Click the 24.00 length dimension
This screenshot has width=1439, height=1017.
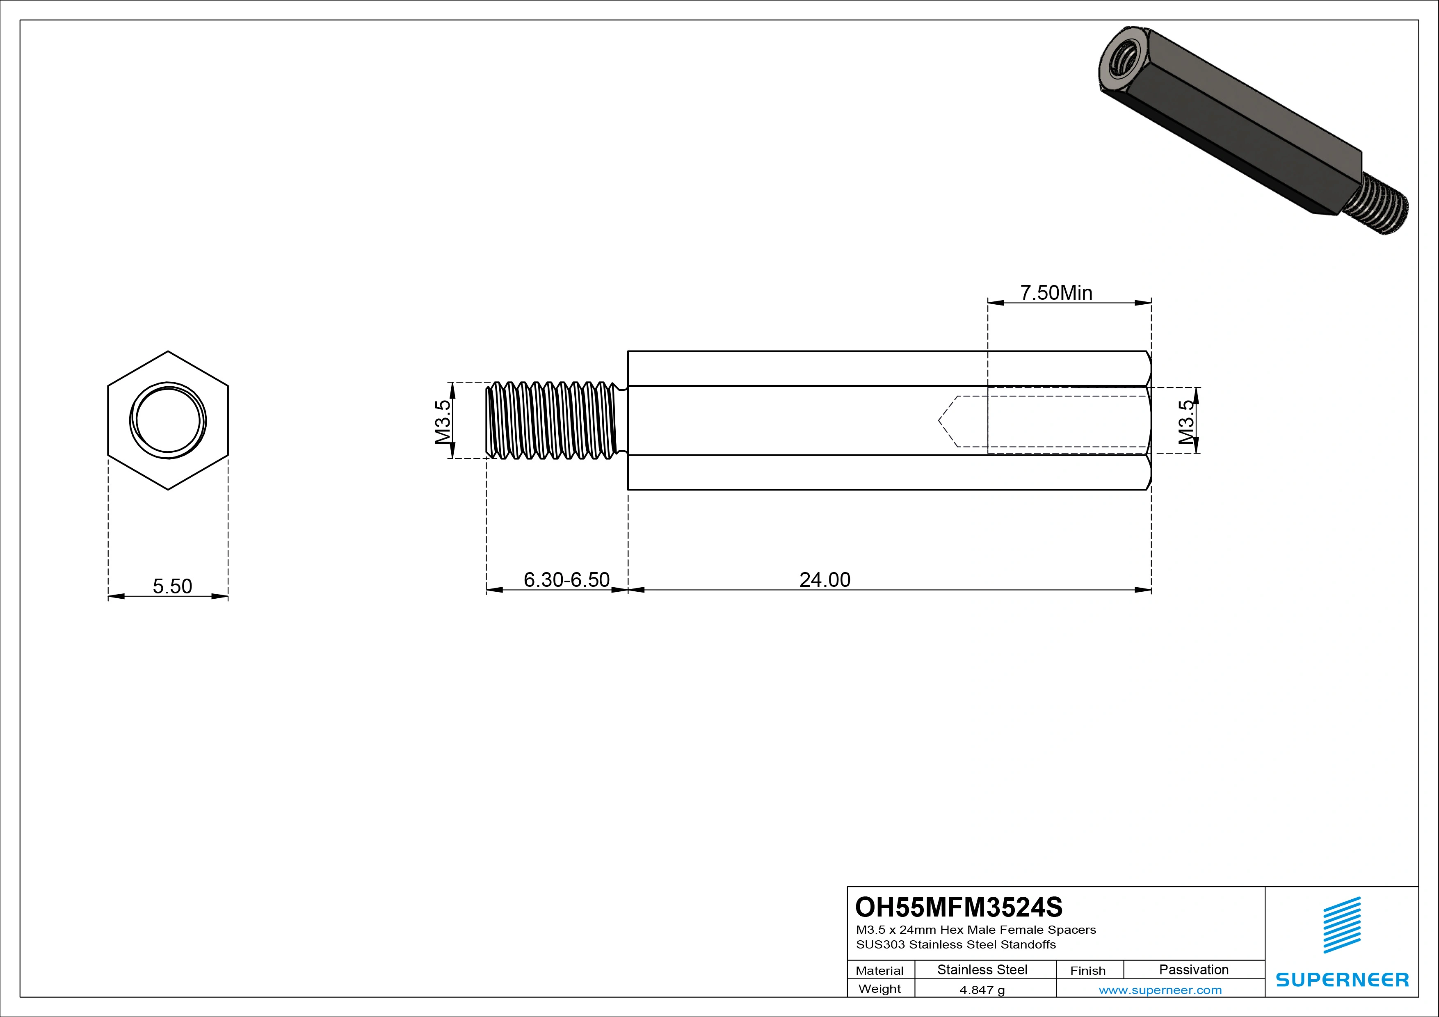coord(825,579)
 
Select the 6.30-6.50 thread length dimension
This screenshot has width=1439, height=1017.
coord(566,579)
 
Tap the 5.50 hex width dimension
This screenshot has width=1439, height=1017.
coord(172,586)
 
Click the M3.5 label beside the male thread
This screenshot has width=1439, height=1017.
coord(443,422)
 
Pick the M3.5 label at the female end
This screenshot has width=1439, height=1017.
coord(1186,422)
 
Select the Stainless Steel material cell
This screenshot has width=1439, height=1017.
coord(982,969)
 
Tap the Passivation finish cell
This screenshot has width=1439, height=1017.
coord(1193,969)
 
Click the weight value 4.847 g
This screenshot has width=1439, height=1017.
coord(982,990)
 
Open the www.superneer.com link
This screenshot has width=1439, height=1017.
coord(1160,990)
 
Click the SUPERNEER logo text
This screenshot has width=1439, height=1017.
coord(1342,979)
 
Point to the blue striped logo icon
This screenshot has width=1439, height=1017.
coord(1342,925)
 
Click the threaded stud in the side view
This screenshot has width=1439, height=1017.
coord(552,420)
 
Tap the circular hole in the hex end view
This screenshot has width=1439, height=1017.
coord(168,420)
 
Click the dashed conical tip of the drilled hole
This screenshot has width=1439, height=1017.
coord(948,421)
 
